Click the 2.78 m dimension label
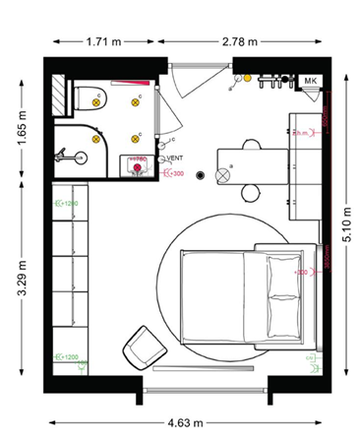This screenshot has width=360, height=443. (x=238, y=42)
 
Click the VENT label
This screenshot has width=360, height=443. (x=176, y=158)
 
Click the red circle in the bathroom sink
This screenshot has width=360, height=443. (x=138, y=168)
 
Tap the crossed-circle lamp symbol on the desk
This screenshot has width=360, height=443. (x=222, y=175)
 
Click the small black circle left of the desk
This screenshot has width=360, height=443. (x=200, y=175)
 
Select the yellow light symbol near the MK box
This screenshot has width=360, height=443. (x=248, y=77)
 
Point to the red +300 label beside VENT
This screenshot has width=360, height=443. (x=177, y=175)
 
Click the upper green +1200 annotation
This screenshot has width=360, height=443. (x=70, y=204)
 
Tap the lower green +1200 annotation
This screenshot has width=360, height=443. (x=70, y=357)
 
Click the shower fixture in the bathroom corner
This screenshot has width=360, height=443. (x=66, y=155)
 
